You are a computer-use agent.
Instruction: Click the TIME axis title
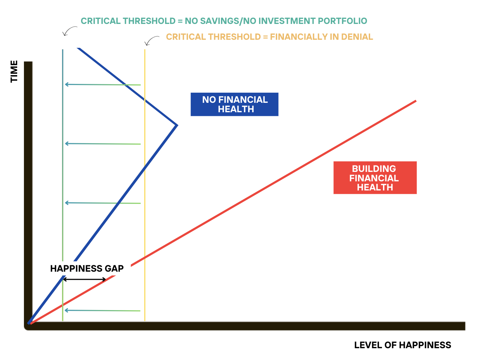tap(14, 71)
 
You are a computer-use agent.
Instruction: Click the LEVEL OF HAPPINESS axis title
tap(402, 345)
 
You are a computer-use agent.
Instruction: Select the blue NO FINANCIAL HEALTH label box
tap(234, 104)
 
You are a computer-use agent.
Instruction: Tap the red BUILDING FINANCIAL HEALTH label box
tap(375, 178)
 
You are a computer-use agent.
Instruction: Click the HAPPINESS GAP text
tap(87, 269)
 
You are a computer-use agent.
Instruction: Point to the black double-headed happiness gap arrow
tap(85, 279)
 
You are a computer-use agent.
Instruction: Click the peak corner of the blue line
tap(176, 125)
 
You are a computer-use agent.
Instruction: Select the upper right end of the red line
tap(415, 101)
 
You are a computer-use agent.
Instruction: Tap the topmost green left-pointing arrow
tap(102, 85)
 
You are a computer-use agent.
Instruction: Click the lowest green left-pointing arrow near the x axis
tap(102, 310)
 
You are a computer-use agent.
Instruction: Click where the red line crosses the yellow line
tap(145, 259)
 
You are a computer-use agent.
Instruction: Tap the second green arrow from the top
tap(102, 144)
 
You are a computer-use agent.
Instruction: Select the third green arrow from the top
tap(102, 203)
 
